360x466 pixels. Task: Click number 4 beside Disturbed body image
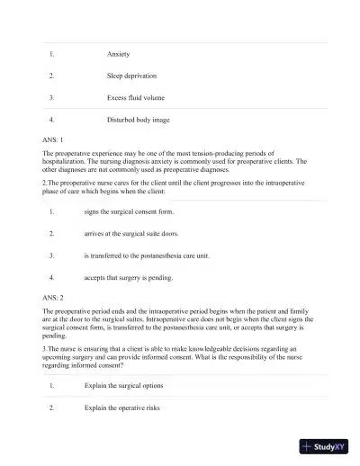click(52, 119)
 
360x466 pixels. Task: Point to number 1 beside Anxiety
click(52, 54)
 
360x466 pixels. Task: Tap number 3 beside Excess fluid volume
click(52, 97)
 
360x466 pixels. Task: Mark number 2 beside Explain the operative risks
click(52, 407)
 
